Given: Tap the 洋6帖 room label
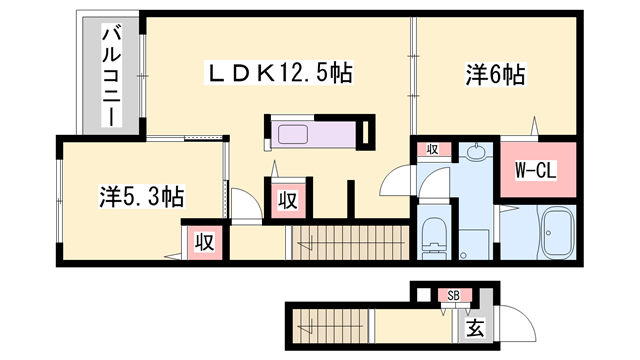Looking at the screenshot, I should click(494, 74).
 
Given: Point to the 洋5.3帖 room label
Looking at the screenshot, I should click(140, 196).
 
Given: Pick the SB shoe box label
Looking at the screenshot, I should click(453, 296).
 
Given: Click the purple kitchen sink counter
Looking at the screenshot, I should click(310, 133).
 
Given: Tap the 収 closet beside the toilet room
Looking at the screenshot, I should click(433, 150).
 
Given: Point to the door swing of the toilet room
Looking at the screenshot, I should click(402, 179).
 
